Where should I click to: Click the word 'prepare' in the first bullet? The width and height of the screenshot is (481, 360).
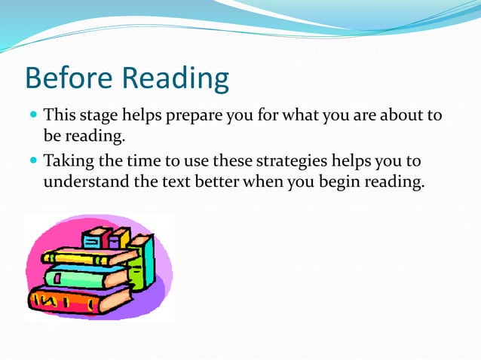[x=209, y=117]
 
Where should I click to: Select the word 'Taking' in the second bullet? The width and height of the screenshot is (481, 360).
[x=69, y=162]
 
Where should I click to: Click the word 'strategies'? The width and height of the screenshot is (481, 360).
[x=284, y=162]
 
